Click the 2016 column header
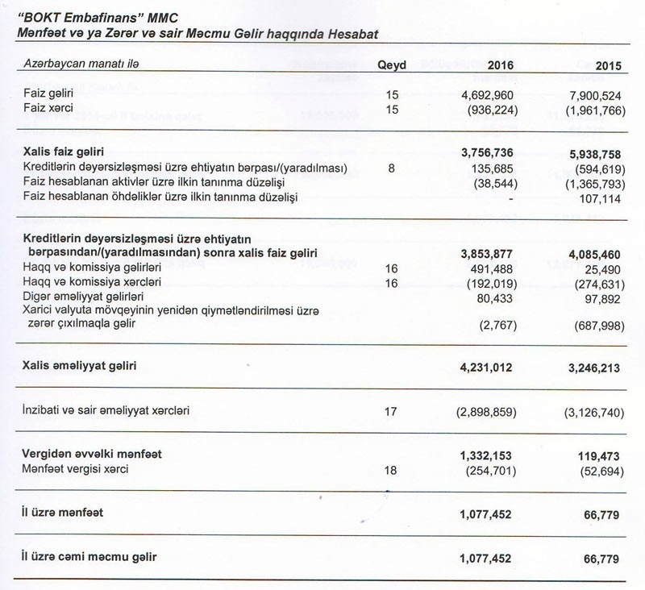(x=499, y=65)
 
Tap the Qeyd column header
(x=392, y=65)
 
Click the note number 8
(x=391, y=168)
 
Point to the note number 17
(x=392, y=411)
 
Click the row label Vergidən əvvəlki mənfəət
(x=93, y=454)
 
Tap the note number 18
(x=392, y=469)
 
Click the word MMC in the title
(x=182, y=17)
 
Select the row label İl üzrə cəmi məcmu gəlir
(x=89, y=558)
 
